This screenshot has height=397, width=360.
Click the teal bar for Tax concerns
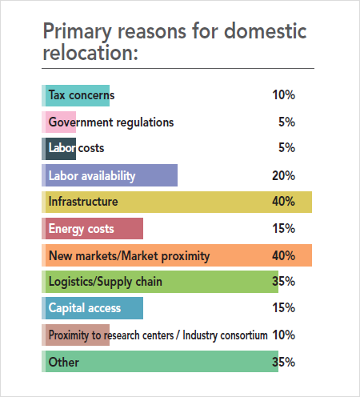pyautogui.click(x=76, y=95)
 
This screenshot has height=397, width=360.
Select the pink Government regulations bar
pyautogui.click(x=59, y=122)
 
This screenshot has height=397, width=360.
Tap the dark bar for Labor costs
pyautogui.click(x=59, y=148)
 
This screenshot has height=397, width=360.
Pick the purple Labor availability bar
pyautogui.click(x=110, y=175)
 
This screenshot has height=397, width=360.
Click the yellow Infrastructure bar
pyautogui.click(x=176, y=202)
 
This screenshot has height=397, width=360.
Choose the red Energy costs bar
pyautogui.click(x=93, y=228)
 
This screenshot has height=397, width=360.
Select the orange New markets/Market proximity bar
pyautogui.click(x=176, y=255)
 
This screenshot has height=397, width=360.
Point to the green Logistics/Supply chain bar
pyautogui.click(x=160, y=282)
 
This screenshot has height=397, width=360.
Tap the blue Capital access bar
pyautogui.click(x=93, y=308)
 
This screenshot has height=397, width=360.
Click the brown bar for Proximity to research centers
pyautogui.click(x=76, y=335)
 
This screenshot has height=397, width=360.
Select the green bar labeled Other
pyautogui.click(x=160, y=362)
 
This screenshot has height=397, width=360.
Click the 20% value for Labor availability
pyautogui.click(x=283, y=175)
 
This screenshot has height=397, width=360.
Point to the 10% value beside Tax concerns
pyautogui.click(x=283, y=95)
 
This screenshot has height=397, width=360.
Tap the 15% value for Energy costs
pyautogui.click(x=283, y=228)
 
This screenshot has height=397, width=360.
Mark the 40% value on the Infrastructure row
pyautogui.click(x=283, y=202)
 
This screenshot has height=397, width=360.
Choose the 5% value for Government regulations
pyautogui.click(x=286, y=122)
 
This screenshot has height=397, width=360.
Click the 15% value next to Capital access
pyautogui.click(x=283, y=308)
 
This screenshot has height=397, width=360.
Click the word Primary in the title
pyautogui.click(x=78, y=33)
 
